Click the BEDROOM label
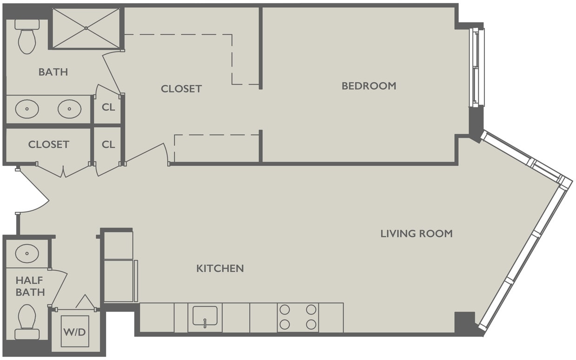click(369, 86)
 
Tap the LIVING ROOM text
click(416, 234)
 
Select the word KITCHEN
click(220, 268)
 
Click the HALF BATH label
click(30, 286)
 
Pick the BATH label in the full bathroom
click(53, 72)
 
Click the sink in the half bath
click(26, 253)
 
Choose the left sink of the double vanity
click(27, 109)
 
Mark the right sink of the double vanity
click(70, 109)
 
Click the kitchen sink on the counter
click(205, 317)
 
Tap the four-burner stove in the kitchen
click(298, 317)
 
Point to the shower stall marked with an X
click(86, 28)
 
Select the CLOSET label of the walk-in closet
click(181, 89)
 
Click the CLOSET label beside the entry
click(48, 144)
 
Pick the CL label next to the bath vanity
click(108, 107)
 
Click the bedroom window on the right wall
click(477, 67)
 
